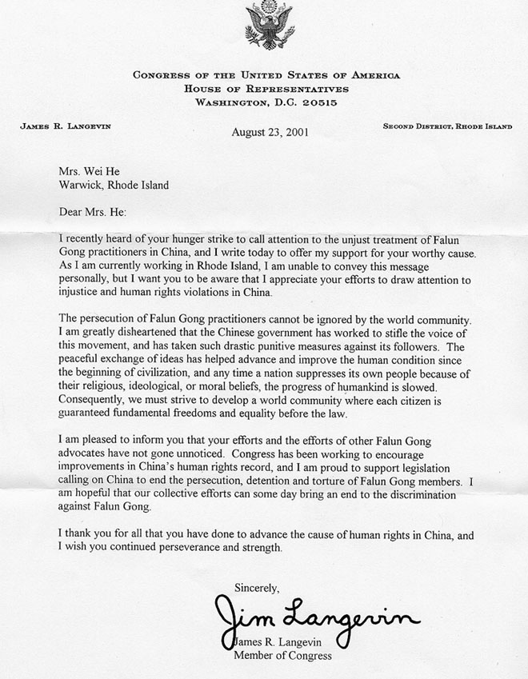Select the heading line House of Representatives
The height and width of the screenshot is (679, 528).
263,89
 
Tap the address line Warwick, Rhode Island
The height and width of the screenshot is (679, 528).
114,186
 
